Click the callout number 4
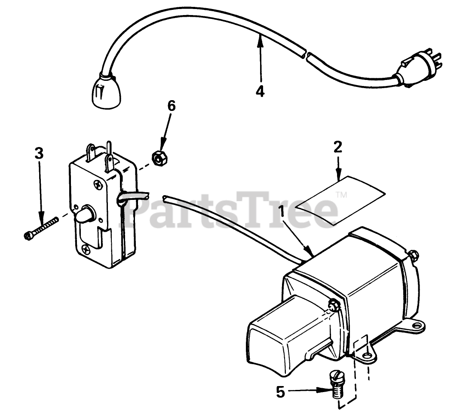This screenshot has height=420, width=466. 260,91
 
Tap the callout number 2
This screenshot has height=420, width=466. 338,147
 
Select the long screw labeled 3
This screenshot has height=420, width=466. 41,228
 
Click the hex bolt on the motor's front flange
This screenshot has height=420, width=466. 334,306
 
